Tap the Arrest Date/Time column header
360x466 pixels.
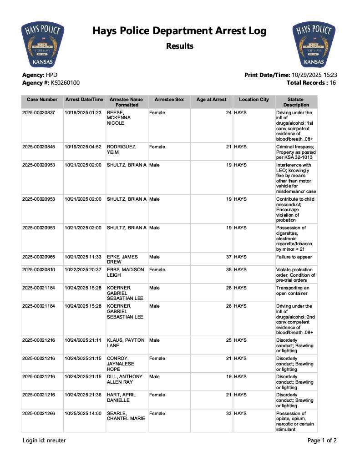(x=84, y=100)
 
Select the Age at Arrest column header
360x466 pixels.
(x=211, y=100)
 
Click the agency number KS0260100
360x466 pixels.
(x=62, y=83)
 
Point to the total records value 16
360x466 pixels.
(x=333, y=83)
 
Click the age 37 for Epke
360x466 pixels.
(x=229, y=257)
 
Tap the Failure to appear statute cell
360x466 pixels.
(x=294, y=257)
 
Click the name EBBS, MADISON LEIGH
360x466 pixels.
(x=125, y=273)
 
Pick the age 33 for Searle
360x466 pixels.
(x=229, y=414)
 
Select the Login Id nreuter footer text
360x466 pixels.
(x=44, y=441)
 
